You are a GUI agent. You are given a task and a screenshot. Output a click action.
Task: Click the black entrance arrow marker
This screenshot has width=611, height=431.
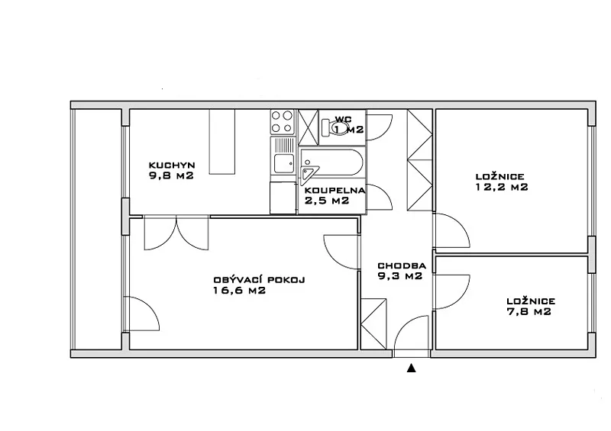pyautogui.click(x=411, y=368)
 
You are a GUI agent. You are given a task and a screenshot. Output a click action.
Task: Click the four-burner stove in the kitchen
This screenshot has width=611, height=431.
pyautogui.click(x=283, y=122)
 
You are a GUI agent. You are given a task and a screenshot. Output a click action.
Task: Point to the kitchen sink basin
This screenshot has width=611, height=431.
pyautogui.click(x=283, y=163)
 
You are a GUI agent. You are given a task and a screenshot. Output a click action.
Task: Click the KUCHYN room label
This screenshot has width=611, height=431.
pyautogui.click(x=172, y=165)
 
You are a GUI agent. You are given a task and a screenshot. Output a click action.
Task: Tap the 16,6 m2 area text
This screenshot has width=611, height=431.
pyautogui.click(x=240, y=290)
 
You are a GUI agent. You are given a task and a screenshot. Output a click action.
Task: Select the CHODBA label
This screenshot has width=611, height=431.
pyautogui.click(x=402, y=266)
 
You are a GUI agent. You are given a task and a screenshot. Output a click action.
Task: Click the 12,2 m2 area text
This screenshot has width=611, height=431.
pyautogui.click(x=502, y=187)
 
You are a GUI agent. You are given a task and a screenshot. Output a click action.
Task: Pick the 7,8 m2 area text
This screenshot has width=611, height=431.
pyautogui.click(x=529, y=311)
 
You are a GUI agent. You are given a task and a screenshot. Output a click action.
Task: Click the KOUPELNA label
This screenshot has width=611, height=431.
pyautogui.click(x=335, y=191)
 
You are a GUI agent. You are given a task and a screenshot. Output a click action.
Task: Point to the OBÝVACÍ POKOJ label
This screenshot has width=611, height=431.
pyautogui.click(x=259, y=279)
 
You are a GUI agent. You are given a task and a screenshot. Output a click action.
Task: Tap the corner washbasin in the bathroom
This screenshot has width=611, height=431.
pyautogui.click(x=309, y=173)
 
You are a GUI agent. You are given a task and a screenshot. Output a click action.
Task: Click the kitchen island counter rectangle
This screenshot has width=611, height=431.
pyautogui.click(x=222, y=142)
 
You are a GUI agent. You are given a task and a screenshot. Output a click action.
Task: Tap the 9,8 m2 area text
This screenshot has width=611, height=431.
pyautogui.click(x=171, y=175)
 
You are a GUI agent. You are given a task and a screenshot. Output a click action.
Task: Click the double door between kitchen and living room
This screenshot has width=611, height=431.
pyautogui.click(x=176, y=233)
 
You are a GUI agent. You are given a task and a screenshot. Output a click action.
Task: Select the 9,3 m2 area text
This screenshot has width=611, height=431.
pyautogui.click(x=400, y=276)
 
